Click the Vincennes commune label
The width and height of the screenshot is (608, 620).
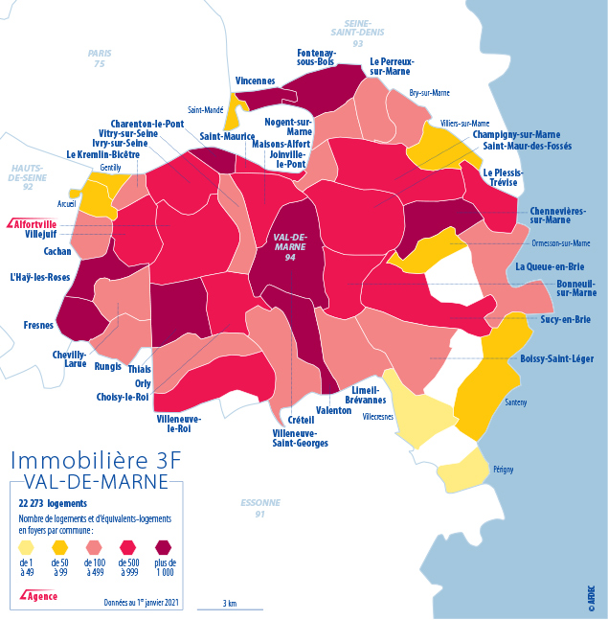(255, 81)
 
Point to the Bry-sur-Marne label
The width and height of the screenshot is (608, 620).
(429, 93)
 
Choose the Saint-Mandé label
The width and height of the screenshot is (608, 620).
(205, 110)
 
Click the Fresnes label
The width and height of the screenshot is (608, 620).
(39, 326)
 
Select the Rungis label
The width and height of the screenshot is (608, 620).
(108, 364)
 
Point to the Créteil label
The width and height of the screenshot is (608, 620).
(301, 420)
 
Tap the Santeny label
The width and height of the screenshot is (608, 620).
(515, 402)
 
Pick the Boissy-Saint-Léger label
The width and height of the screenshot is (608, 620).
(556, 358)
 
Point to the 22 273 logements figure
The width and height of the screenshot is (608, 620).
(53, 502)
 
